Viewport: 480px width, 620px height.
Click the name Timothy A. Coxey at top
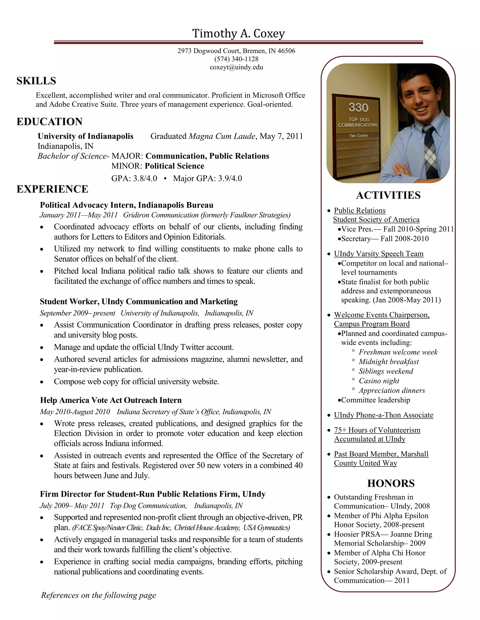[x=238, y=33]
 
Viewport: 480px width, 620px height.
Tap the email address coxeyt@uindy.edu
[x=236, y=67]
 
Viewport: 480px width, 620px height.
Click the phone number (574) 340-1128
[x=236, y=59]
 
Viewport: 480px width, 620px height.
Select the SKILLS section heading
[x=36, y=81]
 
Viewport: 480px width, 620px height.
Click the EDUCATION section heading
[x=49, y=121]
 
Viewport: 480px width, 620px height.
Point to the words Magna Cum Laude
[x=222, y=136]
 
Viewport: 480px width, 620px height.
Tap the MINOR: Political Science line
[x=158, y=166]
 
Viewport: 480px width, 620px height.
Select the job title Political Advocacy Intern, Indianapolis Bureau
[x=127, y=205]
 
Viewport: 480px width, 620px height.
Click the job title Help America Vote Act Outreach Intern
[x=111, y=400]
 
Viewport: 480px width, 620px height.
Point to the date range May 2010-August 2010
[x=75, y=412]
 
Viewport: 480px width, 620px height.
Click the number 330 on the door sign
[x=358, y=108]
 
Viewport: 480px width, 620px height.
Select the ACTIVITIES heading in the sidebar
[x=388, y=195]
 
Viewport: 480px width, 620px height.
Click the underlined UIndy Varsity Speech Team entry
[x=379, y=254]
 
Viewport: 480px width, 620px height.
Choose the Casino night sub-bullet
[x=379, y=381]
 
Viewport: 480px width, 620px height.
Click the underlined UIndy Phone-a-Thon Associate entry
[x=383, y=415]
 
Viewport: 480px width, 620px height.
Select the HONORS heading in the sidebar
[x=391, y=483]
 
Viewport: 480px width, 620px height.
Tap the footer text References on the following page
[x=99, y=595]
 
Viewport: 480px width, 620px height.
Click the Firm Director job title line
[x=153, y=494]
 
